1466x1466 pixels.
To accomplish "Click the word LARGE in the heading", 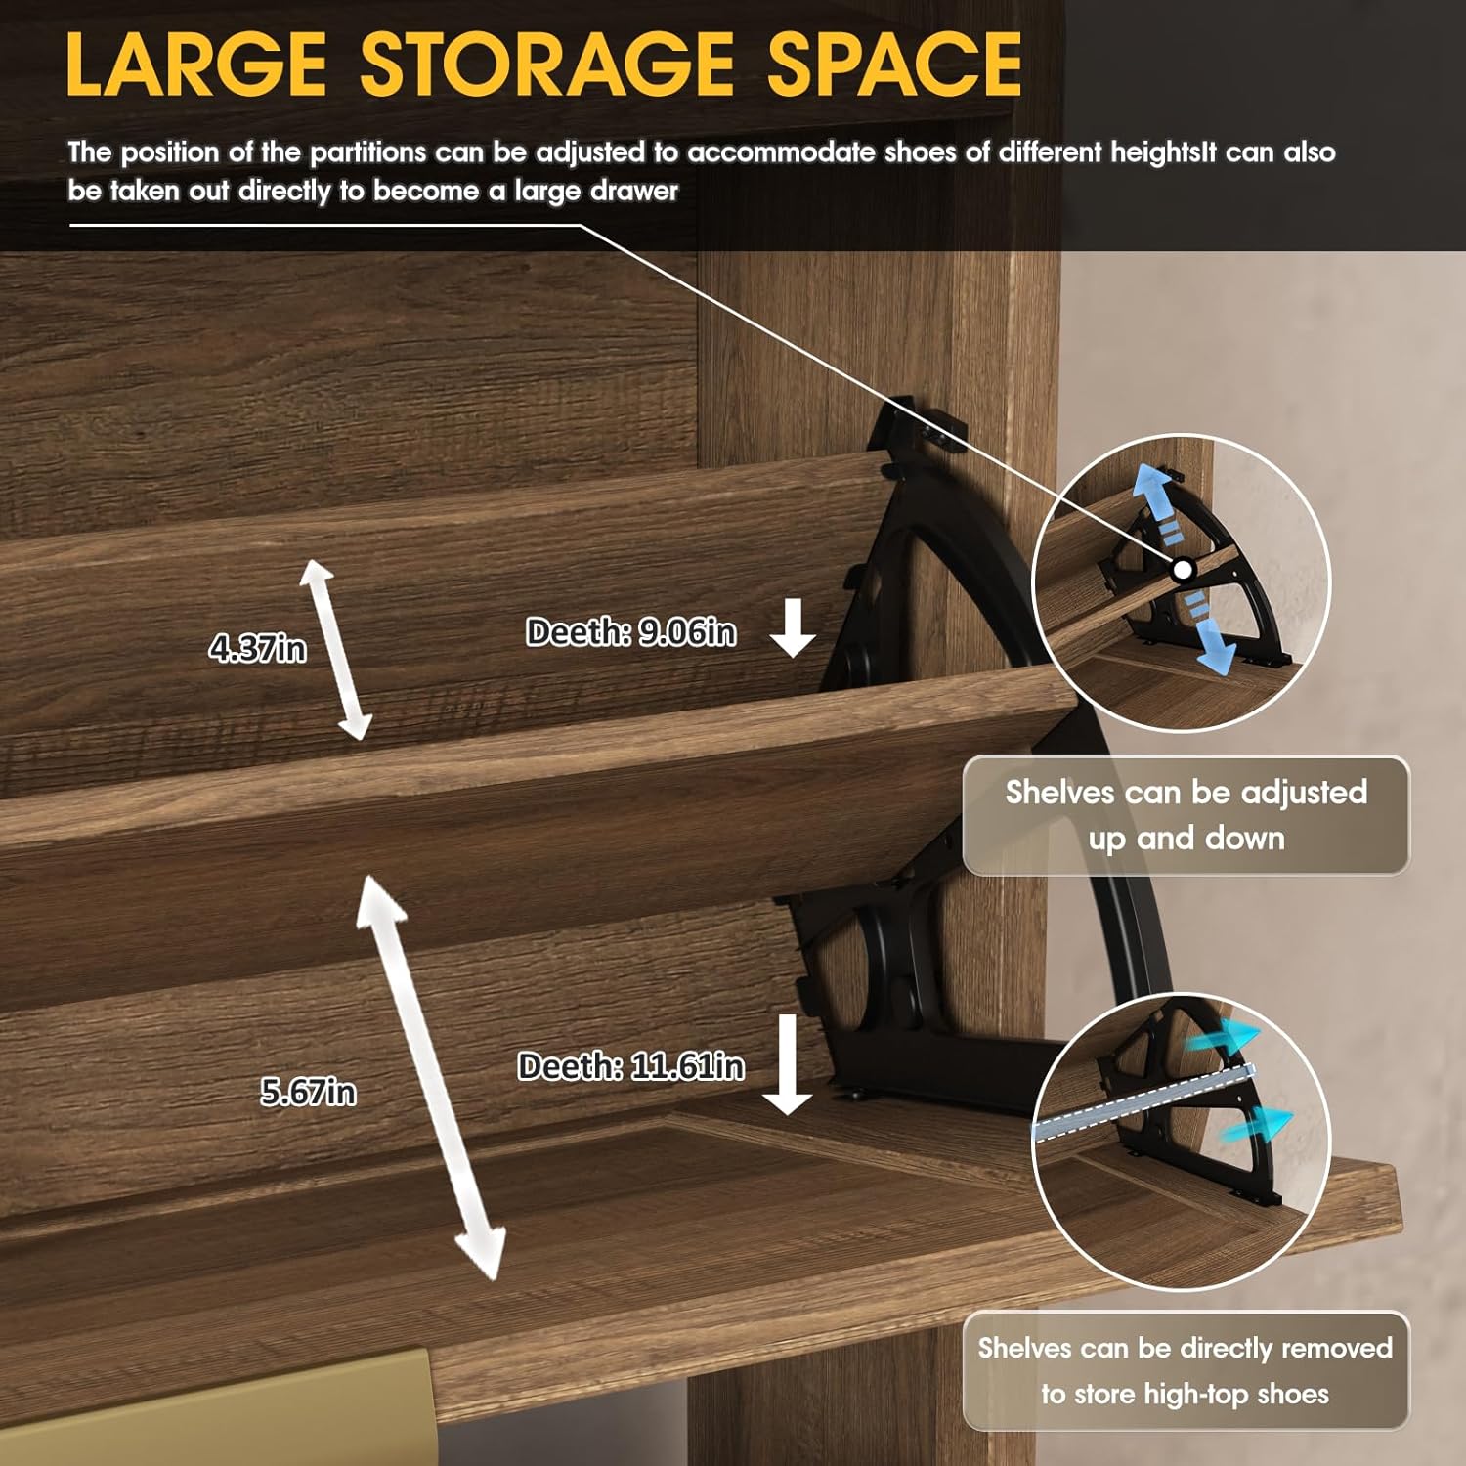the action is point(195,65).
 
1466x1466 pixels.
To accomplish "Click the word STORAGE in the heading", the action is point(547,65).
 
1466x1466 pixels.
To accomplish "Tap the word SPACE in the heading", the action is point(894,65).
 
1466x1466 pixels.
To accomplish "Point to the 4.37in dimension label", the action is point(257,647).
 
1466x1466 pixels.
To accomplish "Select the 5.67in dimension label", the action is point(308,1091).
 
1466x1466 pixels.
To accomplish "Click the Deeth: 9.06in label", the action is point(630,632).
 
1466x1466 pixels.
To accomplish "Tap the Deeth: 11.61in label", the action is point(630,1065).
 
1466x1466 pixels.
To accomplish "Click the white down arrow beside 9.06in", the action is point(793,627).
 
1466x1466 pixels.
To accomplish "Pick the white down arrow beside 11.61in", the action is point(788,1064).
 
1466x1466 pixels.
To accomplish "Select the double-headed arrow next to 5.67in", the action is point(430,1077).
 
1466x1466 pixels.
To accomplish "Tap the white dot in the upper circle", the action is point(1183,569).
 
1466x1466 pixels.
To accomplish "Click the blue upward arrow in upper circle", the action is point(1160,503).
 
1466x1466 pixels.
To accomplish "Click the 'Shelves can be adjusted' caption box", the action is point(1186,815).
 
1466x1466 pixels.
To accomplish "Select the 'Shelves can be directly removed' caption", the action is point(1186,1370).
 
